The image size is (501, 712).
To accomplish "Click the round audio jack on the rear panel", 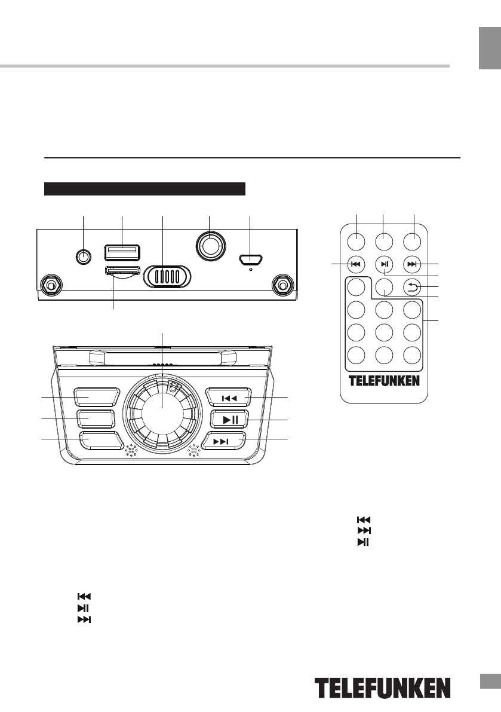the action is (x=84, y=256).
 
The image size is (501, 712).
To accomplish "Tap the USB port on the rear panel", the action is (x=121, y=252).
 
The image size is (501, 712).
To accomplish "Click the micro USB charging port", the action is (x=250, y=260).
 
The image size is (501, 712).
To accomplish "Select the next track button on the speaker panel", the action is (x=226, y=441).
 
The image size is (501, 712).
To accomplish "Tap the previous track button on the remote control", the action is (x=355, y=264).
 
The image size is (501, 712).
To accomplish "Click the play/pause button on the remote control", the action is (x=384, y=264).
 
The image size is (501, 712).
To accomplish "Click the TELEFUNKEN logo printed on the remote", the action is (x=384, y=381).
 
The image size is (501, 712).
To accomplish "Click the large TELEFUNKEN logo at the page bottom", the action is (x=383, y=689).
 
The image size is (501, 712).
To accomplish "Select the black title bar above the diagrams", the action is (x=145, y=189).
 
